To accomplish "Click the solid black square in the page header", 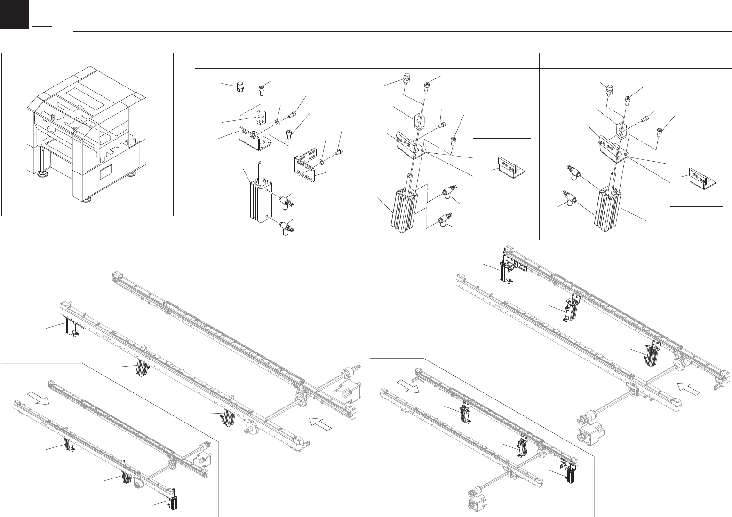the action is click(14, 14).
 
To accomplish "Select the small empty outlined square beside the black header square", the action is click(42, 18).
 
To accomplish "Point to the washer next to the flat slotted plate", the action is click(321, 162).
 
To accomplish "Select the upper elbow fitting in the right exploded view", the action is click(572, 172).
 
